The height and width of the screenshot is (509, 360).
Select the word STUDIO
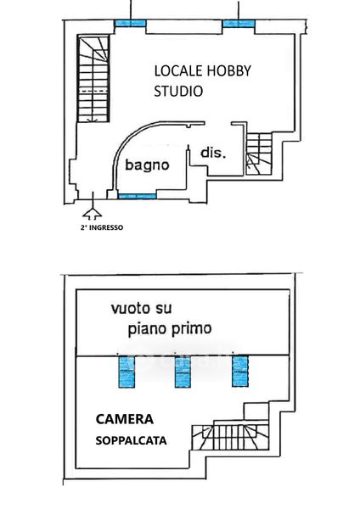coord(178,91)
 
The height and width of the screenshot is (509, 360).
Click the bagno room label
coord(147,165)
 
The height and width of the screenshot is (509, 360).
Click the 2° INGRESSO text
coord(102,227)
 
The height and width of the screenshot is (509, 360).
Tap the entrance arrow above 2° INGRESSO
coord(93,206)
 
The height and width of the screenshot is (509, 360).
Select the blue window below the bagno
coord(137,196)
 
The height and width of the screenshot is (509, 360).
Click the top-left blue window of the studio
coord(130,23)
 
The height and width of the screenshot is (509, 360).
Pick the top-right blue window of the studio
coord(239,23)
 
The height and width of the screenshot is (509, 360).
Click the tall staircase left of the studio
coord(93,79)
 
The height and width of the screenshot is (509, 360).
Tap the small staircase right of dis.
coord(259,154)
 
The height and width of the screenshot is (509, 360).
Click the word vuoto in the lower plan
coord(127,308)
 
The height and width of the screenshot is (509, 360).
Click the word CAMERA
coord(125,419)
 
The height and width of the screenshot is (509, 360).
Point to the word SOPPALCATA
coord(131,440)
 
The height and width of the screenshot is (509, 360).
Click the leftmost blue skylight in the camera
coord(127,371)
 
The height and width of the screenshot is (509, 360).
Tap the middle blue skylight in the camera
coord(183,371)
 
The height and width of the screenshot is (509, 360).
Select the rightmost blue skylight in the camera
coord(240,371)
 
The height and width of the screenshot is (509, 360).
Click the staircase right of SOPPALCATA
coord(230,437)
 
